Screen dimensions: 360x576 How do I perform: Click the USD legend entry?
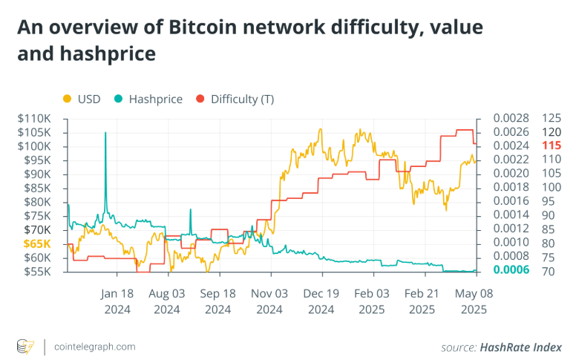tap(84, 99)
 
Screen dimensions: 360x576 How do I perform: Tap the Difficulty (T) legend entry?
tap(235, 99)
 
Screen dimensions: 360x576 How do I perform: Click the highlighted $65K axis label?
tap(37, 243)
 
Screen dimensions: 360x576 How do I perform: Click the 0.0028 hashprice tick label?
tap(511, 119)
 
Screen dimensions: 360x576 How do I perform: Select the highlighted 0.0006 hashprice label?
tap(511, 270)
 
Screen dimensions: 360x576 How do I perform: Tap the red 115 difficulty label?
tap(552, 145)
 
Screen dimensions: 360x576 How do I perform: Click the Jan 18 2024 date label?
tap(117, 301)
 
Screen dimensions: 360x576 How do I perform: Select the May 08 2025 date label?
tap(475, 301)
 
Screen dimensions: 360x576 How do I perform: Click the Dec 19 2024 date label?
tap(321, 301)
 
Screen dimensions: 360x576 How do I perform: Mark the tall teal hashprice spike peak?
tap(105, 133)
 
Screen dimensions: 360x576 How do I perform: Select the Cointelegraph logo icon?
tap(25, 347)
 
